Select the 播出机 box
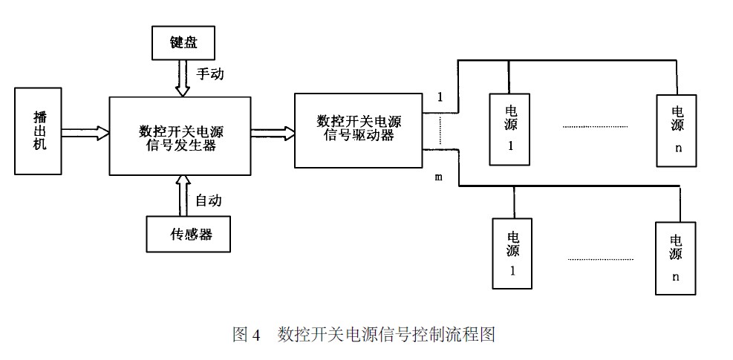click(39, 131)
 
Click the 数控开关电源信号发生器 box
click(180, 135)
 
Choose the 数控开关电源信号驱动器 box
click(358, 130)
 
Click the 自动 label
click(208, 200)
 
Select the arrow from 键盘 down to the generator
click(182, 78)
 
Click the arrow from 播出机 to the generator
click(85, 133)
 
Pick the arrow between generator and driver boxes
click(273, 133)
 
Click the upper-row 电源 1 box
click(510, 128)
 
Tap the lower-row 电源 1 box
click(513, 253)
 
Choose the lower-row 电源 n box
click(676, 258)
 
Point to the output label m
click(438, 178)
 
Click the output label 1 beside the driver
click(440, 97)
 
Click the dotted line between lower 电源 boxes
click(600, 259)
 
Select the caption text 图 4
click(247, 334)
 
